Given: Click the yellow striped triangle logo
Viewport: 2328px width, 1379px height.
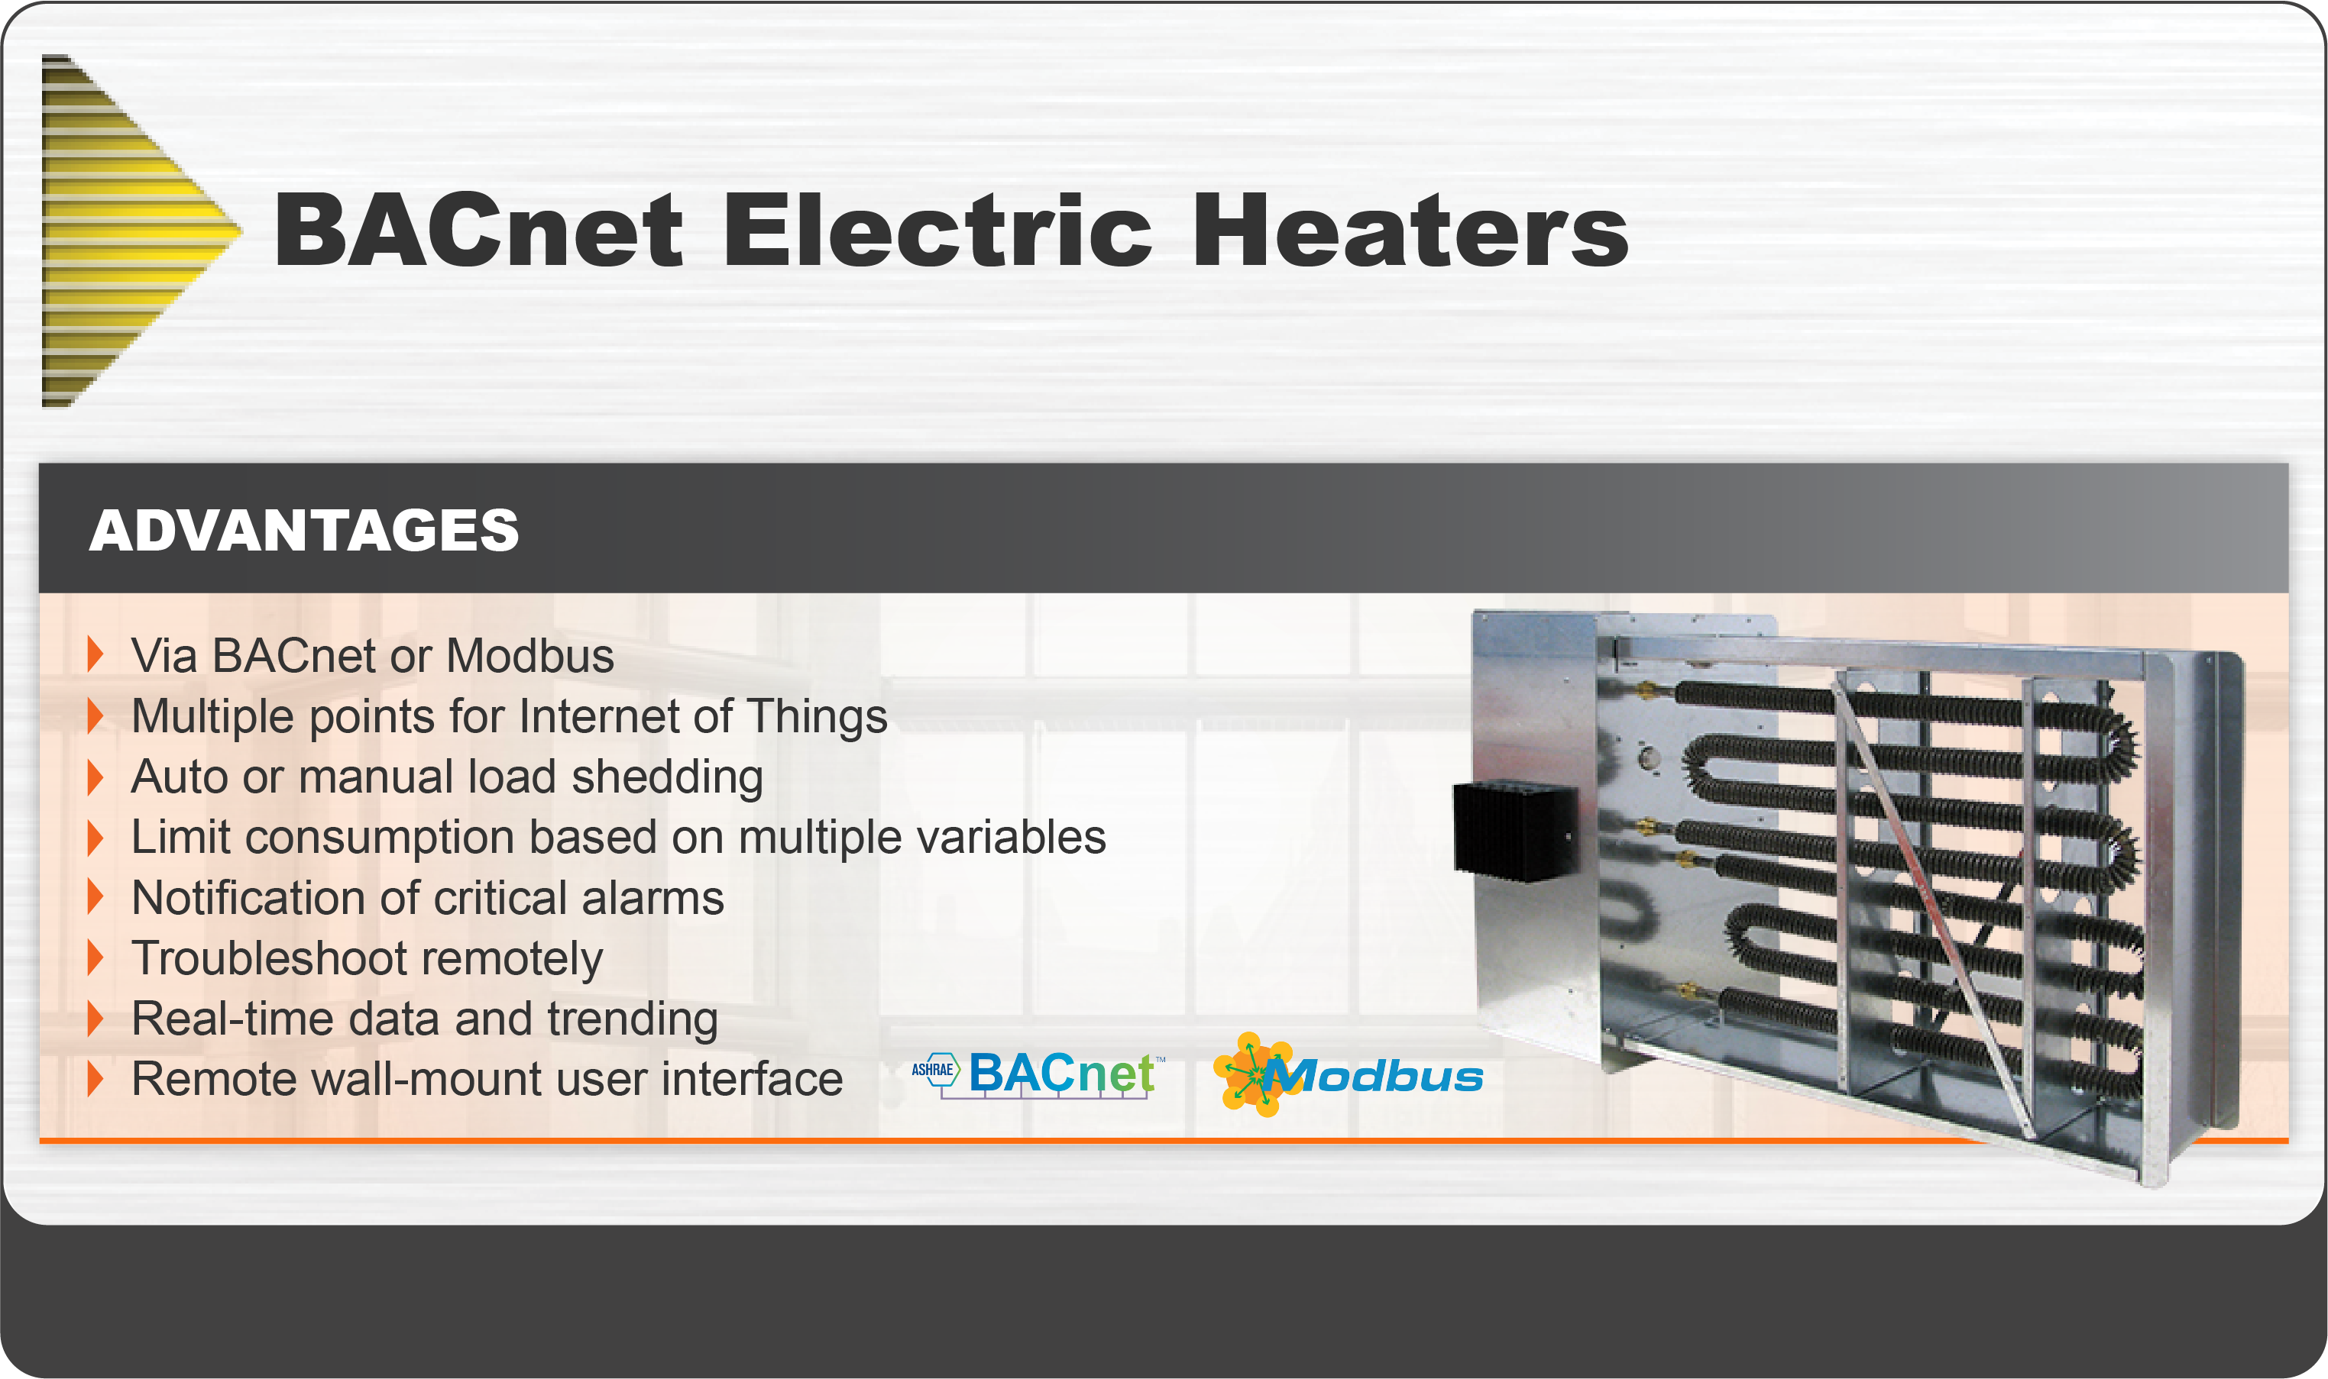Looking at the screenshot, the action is [130, 231].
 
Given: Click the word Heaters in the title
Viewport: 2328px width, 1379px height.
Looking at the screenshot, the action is [1410, 230].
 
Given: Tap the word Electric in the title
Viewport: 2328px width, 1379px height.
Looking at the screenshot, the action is [938, 230].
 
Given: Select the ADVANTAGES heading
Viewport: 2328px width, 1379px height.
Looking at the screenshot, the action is [304, 530].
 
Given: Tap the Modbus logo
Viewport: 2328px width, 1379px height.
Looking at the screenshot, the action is [1348, 1074].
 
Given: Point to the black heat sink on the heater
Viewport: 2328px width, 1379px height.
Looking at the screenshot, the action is [1515, 830].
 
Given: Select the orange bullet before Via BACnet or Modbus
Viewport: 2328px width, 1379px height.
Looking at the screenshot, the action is [95, 655].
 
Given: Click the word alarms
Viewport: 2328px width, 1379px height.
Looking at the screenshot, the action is [652, 898].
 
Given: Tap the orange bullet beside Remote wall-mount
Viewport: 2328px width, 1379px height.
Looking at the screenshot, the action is [95, 1079].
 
